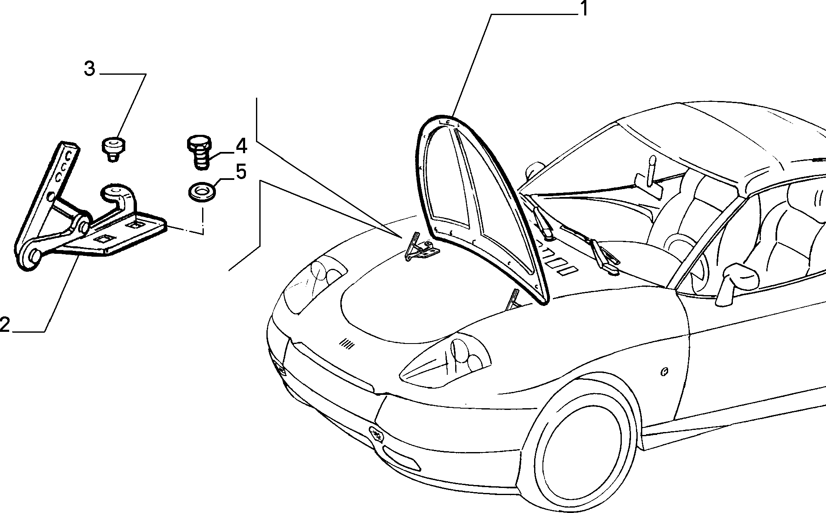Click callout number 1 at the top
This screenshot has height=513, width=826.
coord(584,9)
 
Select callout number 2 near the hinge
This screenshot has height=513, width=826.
coord(5,324)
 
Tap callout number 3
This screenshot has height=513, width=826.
coord(90,69)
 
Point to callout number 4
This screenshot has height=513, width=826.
coord(241,146)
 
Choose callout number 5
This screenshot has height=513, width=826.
coord(241,172)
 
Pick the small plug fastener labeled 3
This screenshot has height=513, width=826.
coord(114,149)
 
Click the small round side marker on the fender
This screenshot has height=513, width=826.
coord(665,371)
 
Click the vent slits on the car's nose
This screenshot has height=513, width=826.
coord(347,344)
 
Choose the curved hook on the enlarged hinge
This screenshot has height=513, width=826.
coord(120,199)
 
